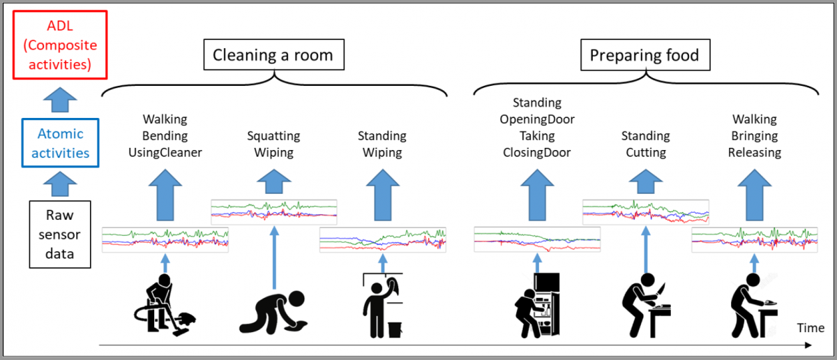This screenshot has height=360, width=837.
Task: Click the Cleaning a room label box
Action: pos(273,55)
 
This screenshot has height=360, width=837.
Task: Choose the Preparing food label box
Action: pos(644,55)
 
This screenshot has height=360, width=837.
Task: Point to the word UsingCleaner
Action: pos(165,152)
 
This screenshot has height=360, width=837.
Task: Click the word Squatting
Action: pos(273,135)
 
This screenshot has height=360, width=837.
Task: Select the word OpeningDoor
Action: pos(537,119)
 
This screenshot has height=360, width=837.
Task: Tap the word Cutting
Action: pos(645,152)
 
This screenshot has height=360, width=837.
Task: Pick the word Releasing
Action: pos(754,152)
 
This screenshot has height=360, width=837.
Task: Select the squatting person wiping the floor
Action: pos(273,311)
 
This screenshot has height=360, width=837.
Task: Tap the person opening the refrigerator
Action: pos(537,304)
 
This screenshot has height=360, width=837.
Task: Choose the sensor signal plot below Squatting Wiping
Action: pos(273,209)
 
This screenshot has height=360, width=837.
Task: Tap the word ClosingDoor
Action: pos(537,152)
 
